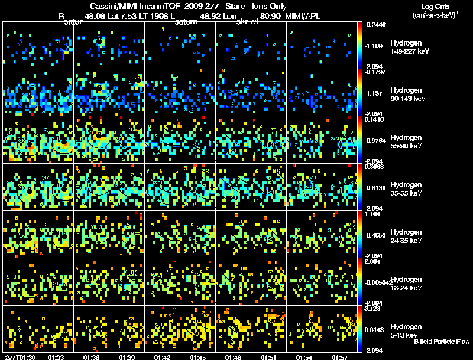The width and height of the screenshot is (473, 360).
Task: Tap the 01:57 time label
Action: pos(339,356)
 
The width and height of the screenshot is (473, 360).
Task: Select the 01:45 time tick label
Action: pos(197,356)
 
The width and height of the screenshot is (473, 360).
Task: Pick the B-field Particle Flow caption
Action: pos(442,342)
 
